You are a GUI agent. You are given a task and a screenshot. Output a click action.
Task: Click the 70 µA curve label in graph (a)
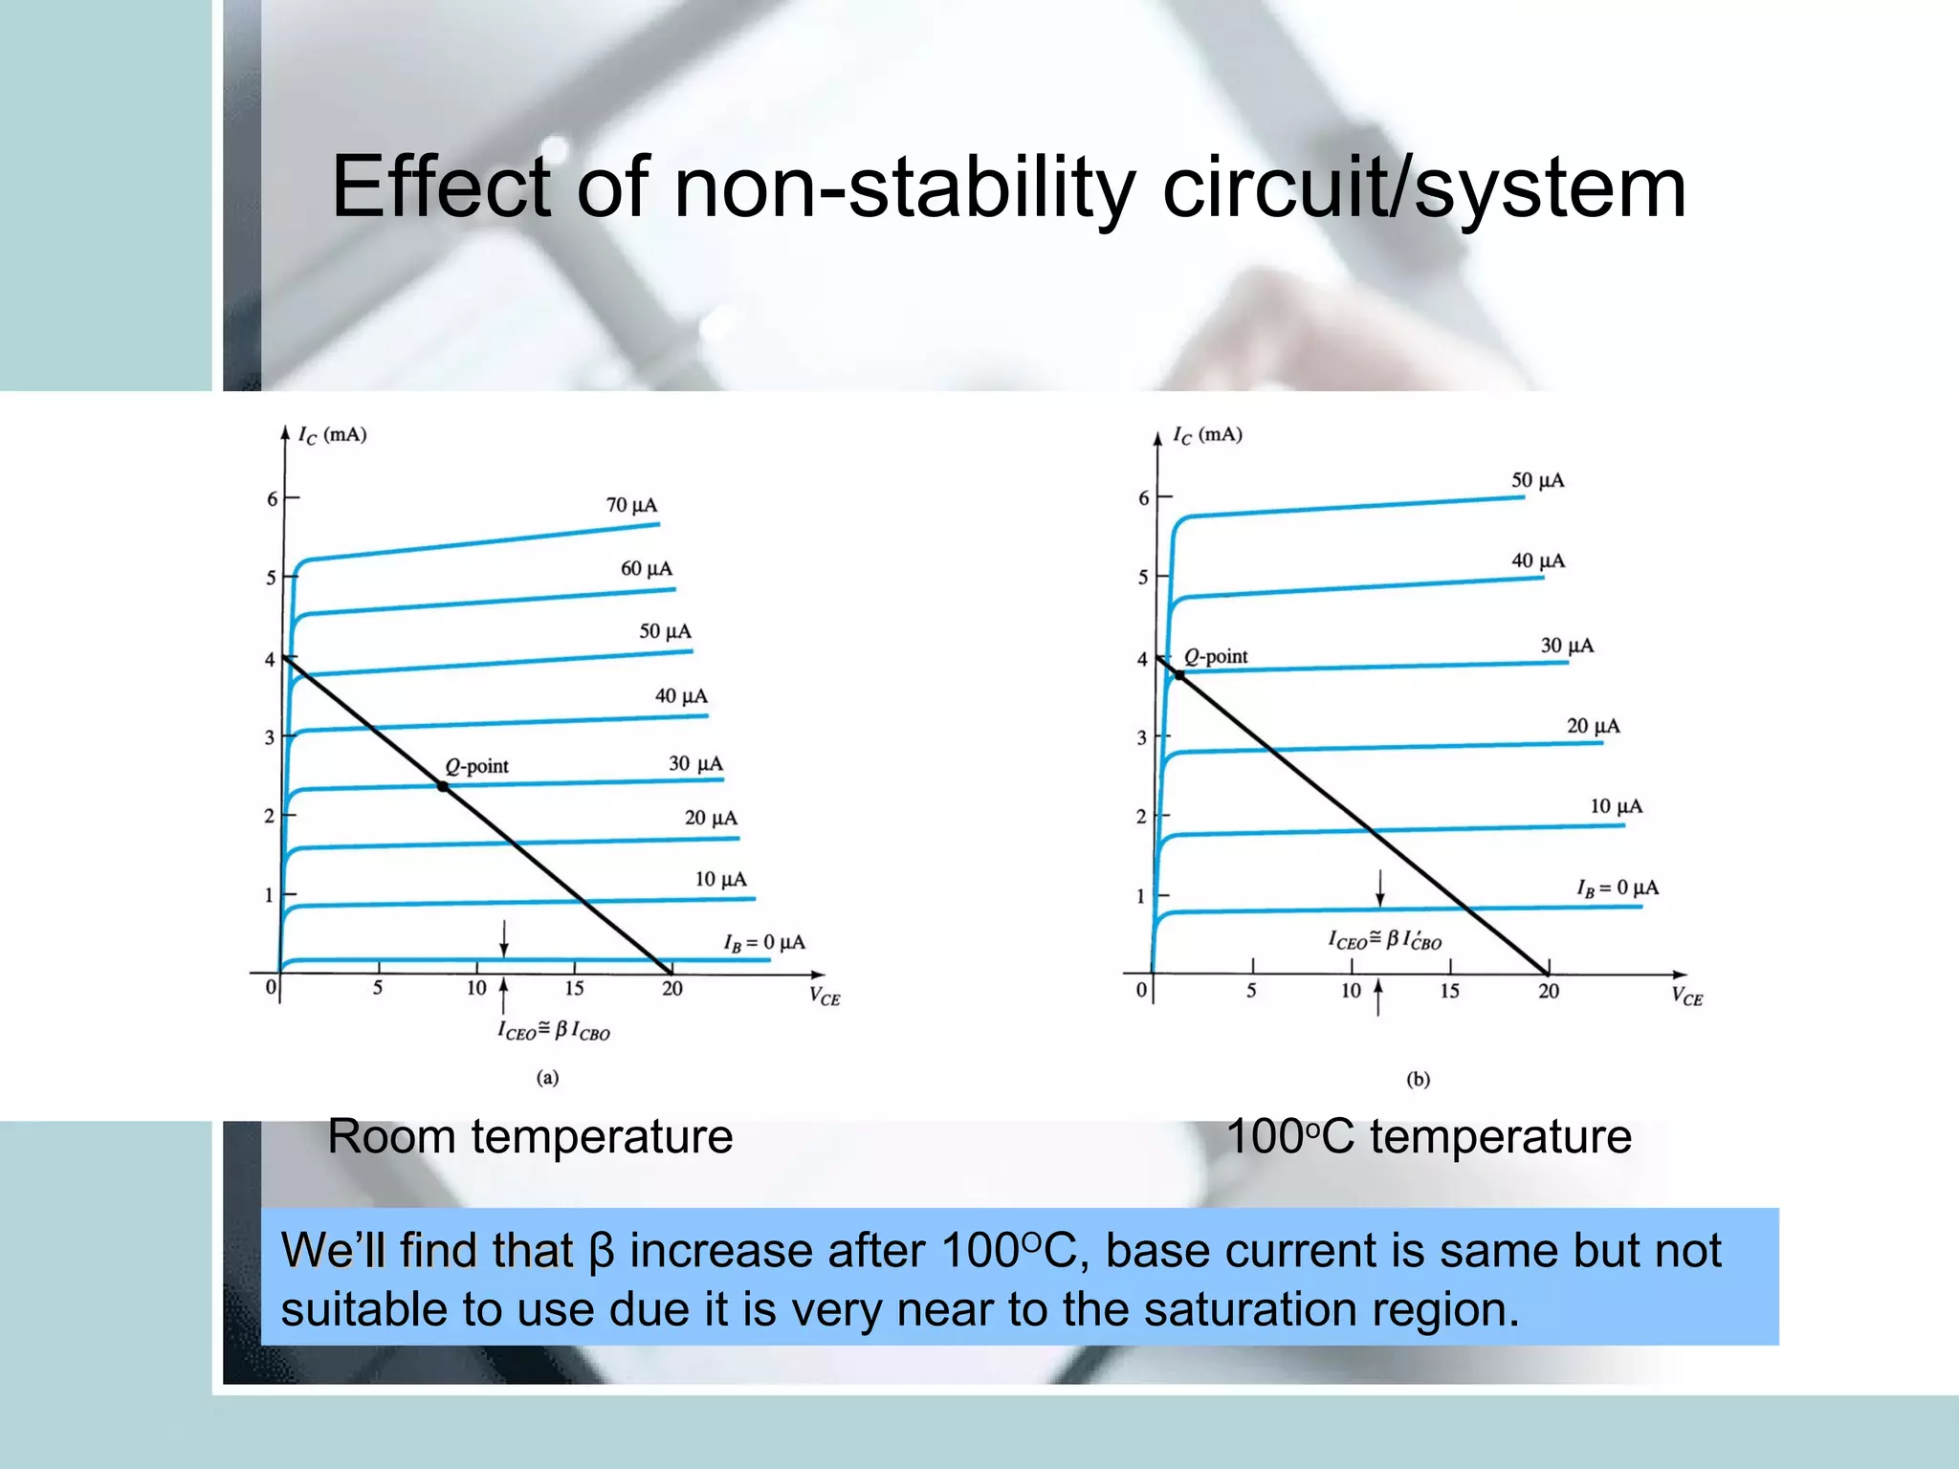[x=631, y=505]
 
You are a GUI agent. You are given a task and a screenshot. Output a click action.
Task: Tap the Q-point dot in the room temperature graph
[x=443, y=787]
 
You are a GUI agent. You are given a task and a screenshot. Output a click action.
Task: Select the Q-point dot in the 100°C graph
[x=1179, y=675]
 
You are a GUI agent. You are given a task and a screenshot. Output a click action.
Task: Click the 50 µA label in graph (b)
[x=1537, y=480]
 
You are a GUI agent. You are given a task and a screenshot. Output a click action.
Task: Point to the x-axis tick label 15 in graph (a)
[x=574, y=989]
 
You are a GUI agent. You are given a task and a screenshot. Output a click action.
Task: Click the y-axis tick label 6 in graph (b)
[x=1143, y=498]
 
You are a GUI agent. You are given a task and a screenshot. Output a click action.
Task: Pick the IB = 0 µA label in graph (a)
[x=763, y=943]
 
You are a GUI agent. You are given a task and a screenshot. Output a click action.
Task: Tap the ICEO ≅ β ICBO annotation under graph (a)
[x=553, y=1031]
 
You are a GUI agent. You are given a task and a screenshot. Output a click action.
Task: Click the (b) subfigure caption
[x=1418, y=1080]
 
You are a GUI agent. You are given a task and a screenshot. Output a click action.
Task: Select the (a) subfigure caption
[x=547, y=1078]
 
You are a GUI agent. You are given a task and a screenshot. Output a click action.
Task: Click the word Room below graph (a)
[x=391, y=1137]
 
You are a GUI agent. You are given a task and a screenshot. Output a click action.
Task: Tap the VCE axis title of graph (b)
[x=1687, y=997]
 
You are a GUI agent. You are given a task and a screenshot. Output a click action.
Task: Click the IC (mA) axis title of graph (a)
[x=331, y=435]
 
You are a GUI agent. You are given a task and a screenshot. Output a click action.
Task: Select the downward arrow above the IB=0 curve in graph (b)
[x=1379, y=888]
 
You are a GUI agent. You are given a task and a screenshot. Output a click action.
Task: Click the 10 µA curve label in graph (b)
[x=1616, y=806]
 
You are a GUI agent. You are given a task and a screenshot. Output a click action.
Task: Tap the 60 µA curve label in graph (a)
[x=647, y=569]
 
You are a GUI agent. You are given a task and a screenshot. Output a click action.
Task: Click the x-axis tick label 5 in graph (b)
[x=1251, y=991]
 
